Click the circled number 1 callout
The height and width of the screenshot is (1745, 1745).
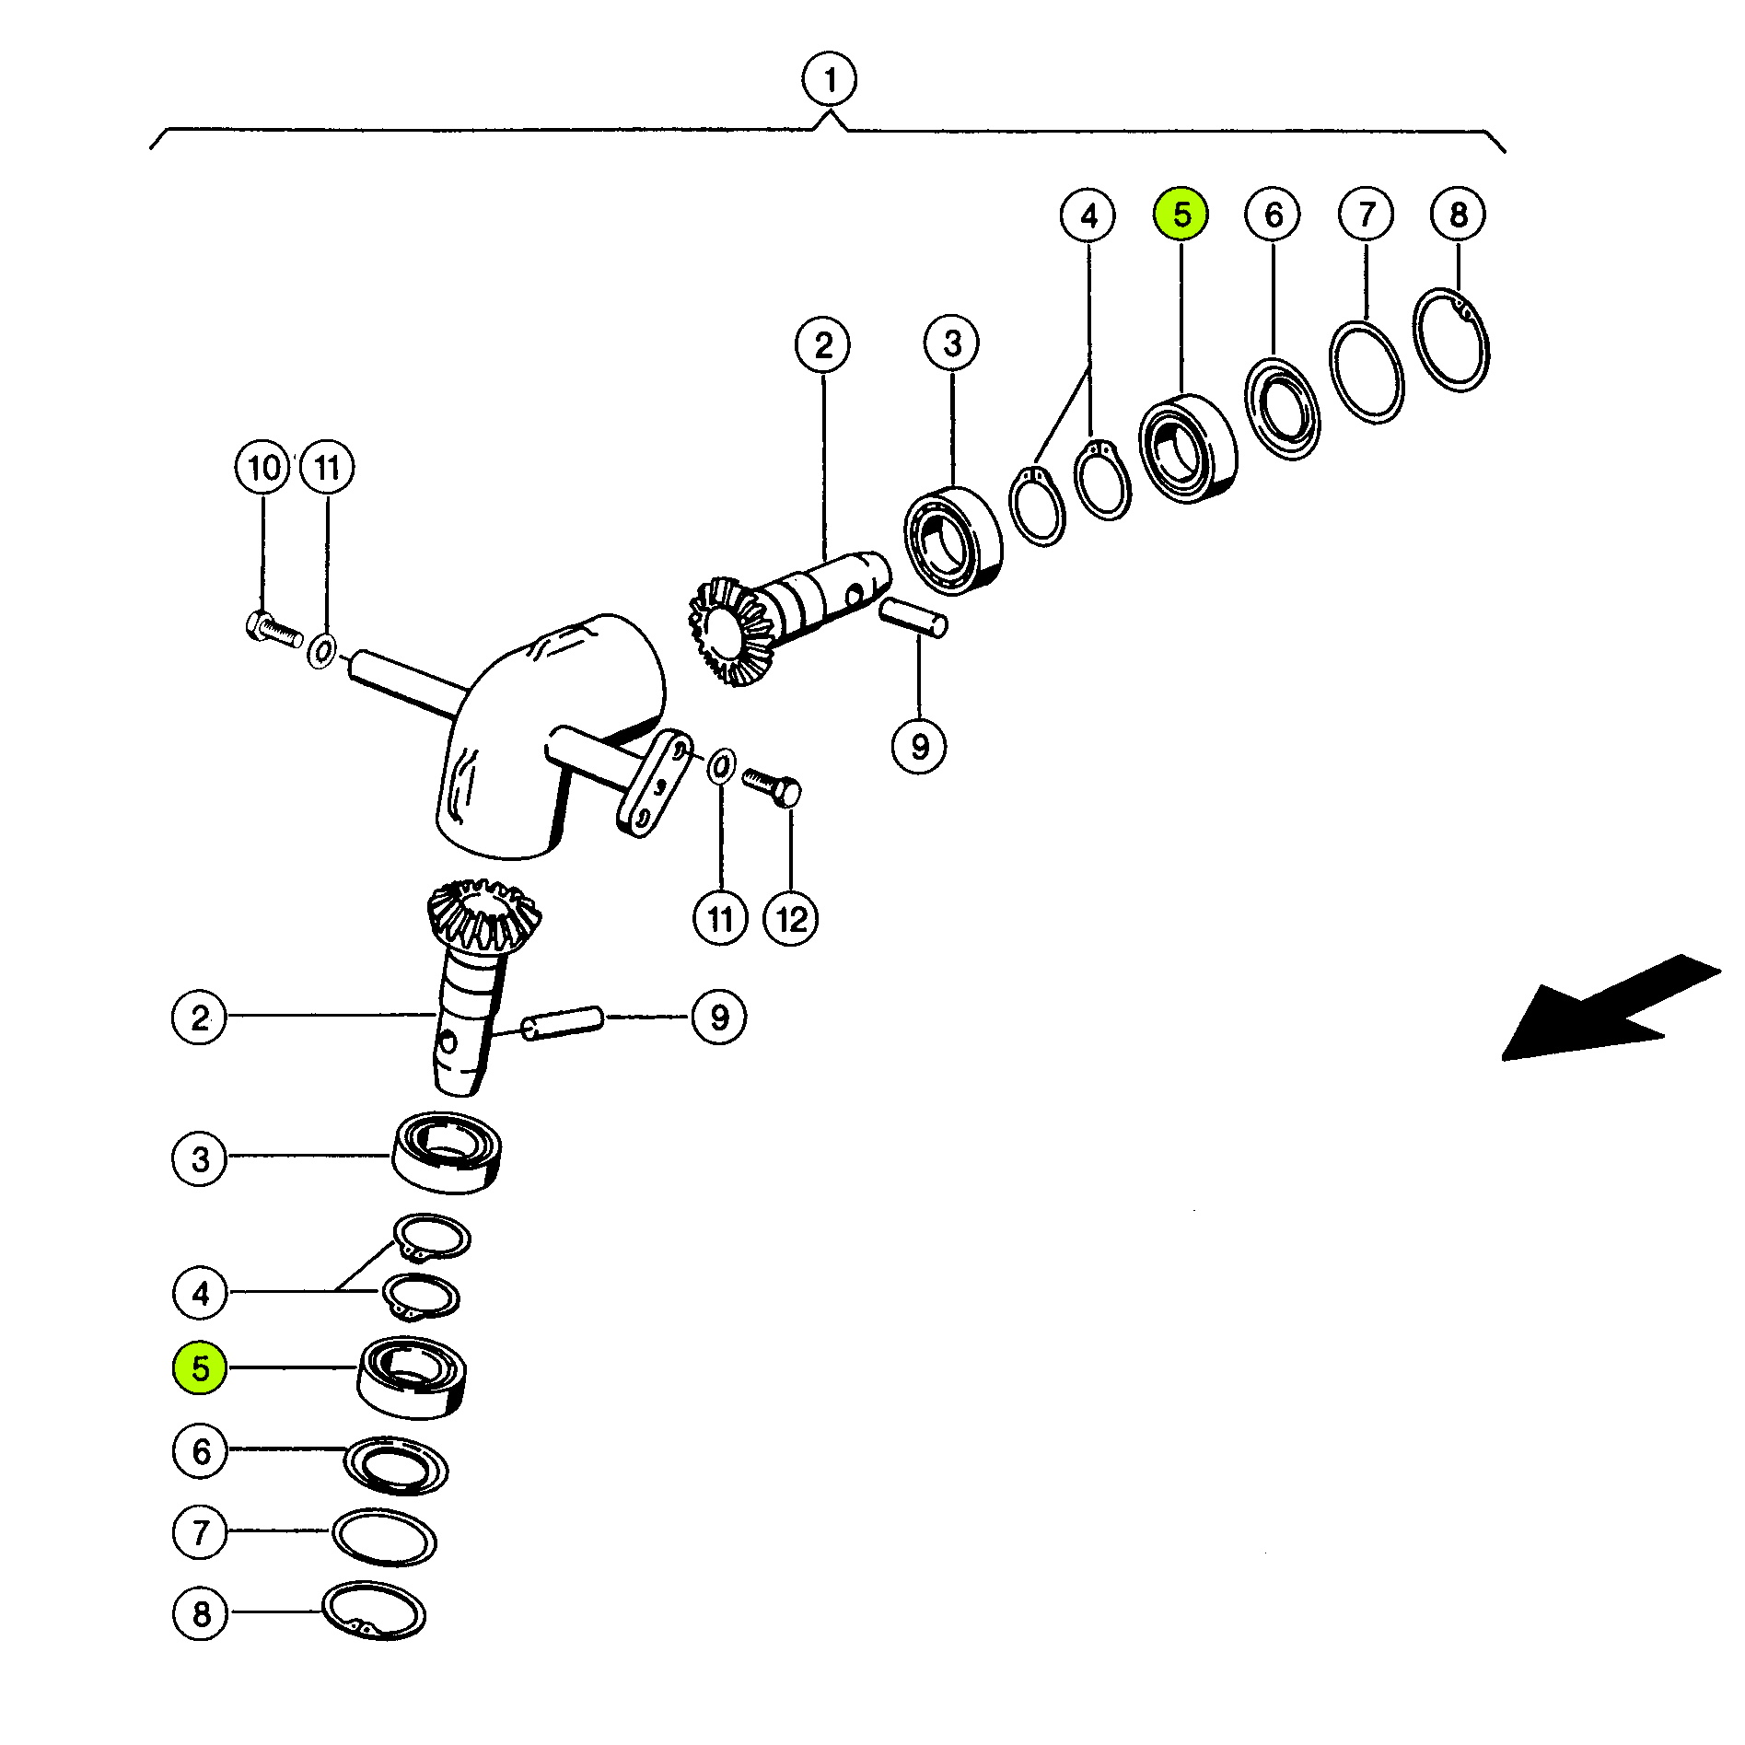pyautogui.click(x=829, y=81)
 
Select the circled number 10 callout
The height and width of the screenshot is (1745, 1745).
pyautogui.click(x=263, y=468)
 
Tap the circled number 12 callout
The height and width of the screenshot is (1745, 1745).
pyautogui.click(x=791, y=918)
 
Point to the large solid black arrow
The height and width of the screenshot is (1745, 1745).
pyautogui.click(x=1610, y=1008)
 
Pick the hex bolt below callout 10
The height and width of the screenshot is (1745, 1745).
pyautogui.click(x=274, y=629)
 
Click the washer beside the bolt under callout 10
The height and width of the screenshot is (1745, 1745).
pyautogui.click(x=321, y=651)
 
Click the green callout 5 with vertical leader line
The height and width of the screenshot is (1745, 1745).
pyautogui.click(x=1181, y=215)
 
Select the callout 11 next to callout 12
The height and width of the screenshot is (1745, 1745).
pyautogui.click(x=720, y=918)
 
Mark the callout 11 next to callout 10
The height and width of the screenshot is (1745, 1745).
pyautogui.click(x=327, y=468)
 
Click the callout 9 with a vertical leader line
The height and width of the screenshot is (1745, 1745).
pyautogui.click(x=919, y=745)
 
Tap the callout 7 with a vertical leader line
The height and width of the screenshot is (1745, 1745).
pyautogui.click(x=1367, y=215)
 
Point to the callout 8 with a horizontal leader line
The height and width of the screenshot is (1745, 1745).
pyautogui.click(x=200, y=1612)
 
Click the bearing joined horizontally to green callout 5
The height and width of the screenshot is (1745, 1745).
pyautogui.click(x=412, y=1377)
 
